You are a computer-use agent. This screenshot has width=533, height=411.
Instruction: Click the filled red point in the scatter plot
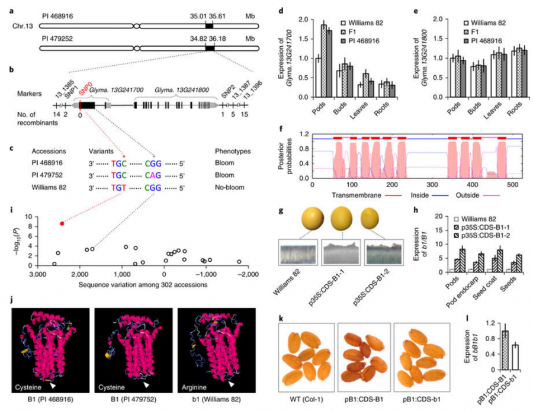point(62,223)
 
